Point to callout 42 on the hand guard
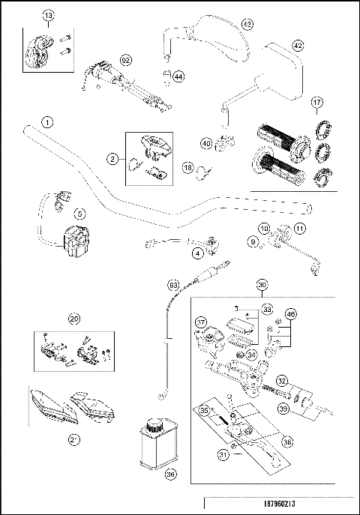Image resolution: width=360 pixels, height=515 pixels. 298,45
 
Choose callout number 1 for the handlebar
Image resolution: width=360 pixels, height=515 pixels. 47,121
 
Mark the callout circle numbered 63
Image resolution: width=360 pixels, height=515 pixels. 173,285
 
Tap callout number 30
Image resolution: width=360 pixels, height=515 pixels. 262,285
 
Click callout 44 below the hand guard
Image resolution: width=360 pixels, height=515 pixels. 178,76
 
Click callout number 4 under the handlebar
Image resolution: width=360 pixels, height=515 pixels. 197,253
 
